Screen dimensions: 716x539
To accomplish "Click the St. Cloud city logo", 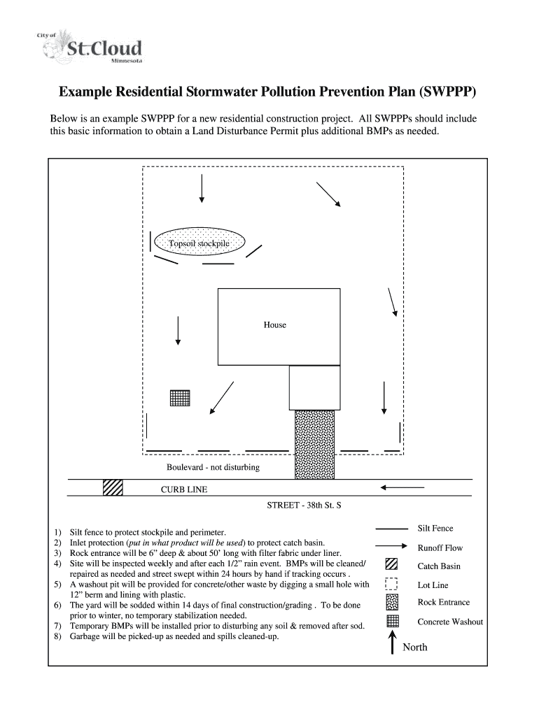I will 93,48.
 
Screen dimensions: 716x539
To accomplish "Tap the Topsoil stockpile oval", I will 199,243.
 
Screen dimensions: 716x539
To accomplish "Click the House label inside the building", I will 274,325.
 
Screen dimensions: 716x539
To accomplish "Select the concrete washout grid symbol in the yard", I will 180,398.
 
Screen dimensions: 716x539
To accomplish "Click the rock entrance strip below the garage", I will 314,444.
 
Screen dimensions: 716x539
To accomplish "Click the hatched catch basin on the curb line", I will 113,487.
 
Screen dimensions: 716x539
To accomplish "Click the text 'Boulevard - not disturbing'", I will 213,467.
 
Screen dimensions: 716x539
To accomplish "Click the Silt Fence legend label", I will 435,529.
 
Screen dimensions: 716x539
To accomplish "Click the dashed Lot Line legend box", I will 392,584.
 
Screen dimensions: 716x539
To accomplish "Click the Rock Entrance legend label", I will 444,602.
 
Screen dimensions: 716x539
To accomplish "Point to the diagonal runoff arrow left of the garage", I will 222,399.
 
